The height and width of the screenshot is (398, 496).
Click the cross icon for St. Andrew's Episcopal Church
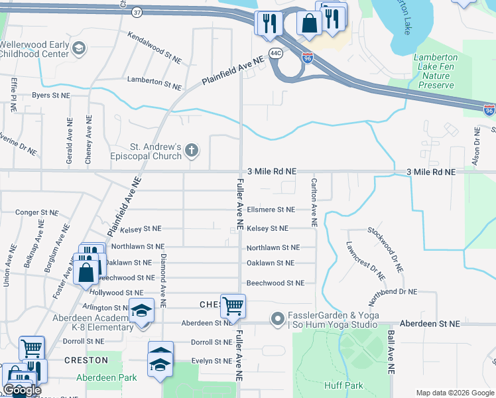192,150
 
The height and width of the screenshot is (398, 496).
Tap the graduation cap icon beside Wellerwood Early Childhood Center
79,48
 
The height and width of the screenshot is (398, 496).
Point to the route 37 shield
137,12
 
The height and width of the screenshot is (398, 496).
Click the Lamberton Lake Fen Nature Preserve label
436,71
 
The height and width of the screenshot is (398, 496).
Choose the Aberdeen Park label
106,377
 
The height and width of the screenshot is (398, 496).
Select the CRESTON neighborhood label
86,360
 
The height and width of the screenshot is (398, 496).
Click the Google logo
22,390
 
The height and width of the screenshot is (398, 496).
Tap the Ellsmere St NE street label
271,210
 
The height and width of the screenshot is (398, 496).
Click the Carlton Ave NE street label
314,202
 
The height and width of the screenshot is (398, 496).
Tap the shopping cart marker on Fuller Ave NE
233,306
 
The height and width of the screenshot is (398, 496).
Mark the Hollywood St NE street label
116,293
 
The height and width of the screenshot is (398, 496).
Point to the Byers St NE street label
51,96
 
